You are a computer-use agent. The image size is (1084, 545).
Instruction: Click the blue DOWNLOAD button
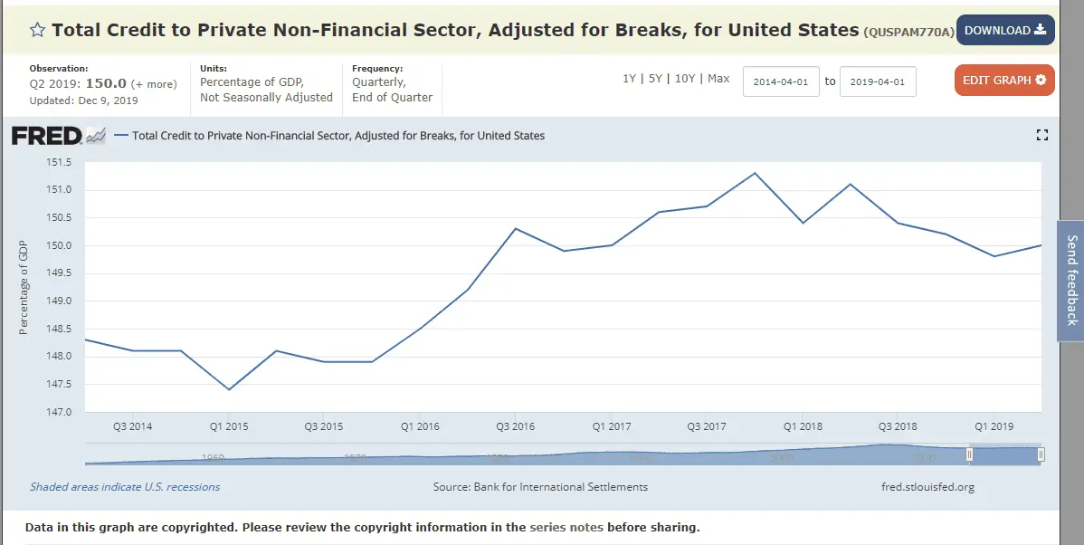tap(1004, 30)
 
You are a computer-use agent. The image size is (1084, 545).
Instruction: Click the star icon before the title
tap(37, 31)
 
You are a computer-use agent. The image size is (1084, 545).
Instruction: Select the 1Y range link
tap(629, 79)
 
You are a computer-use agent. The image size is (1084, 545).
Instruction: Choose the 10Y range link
tap(685, 79)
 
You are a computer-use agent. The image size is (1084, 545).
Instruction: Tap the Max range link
tap(718, 79)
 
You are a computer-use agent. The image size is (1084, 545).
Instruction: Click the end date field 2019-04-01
tap(878, 81)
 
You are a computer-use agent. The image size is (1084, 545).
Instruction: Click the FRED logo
tap(46, 137)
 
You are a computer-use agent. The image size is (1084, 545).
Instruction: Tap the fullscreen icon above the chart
tap(1041, 136)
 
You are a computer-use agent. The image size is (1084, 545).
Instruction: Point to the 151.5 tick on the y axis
tap(58, 162)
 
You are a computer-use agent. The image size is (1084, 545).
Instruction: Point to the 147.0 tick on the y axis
tap(58, 412)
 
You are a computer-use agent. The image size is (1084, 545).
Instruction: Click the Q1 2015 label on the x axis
tap(228, 426)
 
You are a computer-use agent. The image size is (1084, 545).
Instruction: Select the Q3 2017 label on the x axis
tap(707, 426)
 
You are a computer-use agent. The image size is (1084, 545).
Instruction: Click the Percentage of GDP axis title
tap(24, 287)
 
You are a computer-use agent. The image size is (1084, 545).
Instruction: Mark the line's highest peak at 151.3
tap(755, 173)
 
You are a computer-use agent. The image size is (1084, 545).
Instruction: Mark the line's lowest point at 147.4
tap(229, 389)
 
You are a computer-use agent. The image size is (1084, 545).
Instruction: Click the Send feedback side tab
tap(1071, 280)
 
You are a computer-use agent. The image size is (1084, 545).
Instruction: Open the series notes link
tap(566, 527)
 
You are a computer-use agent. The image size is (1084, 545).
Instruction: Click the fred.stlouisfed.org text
tap(927, 487)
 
